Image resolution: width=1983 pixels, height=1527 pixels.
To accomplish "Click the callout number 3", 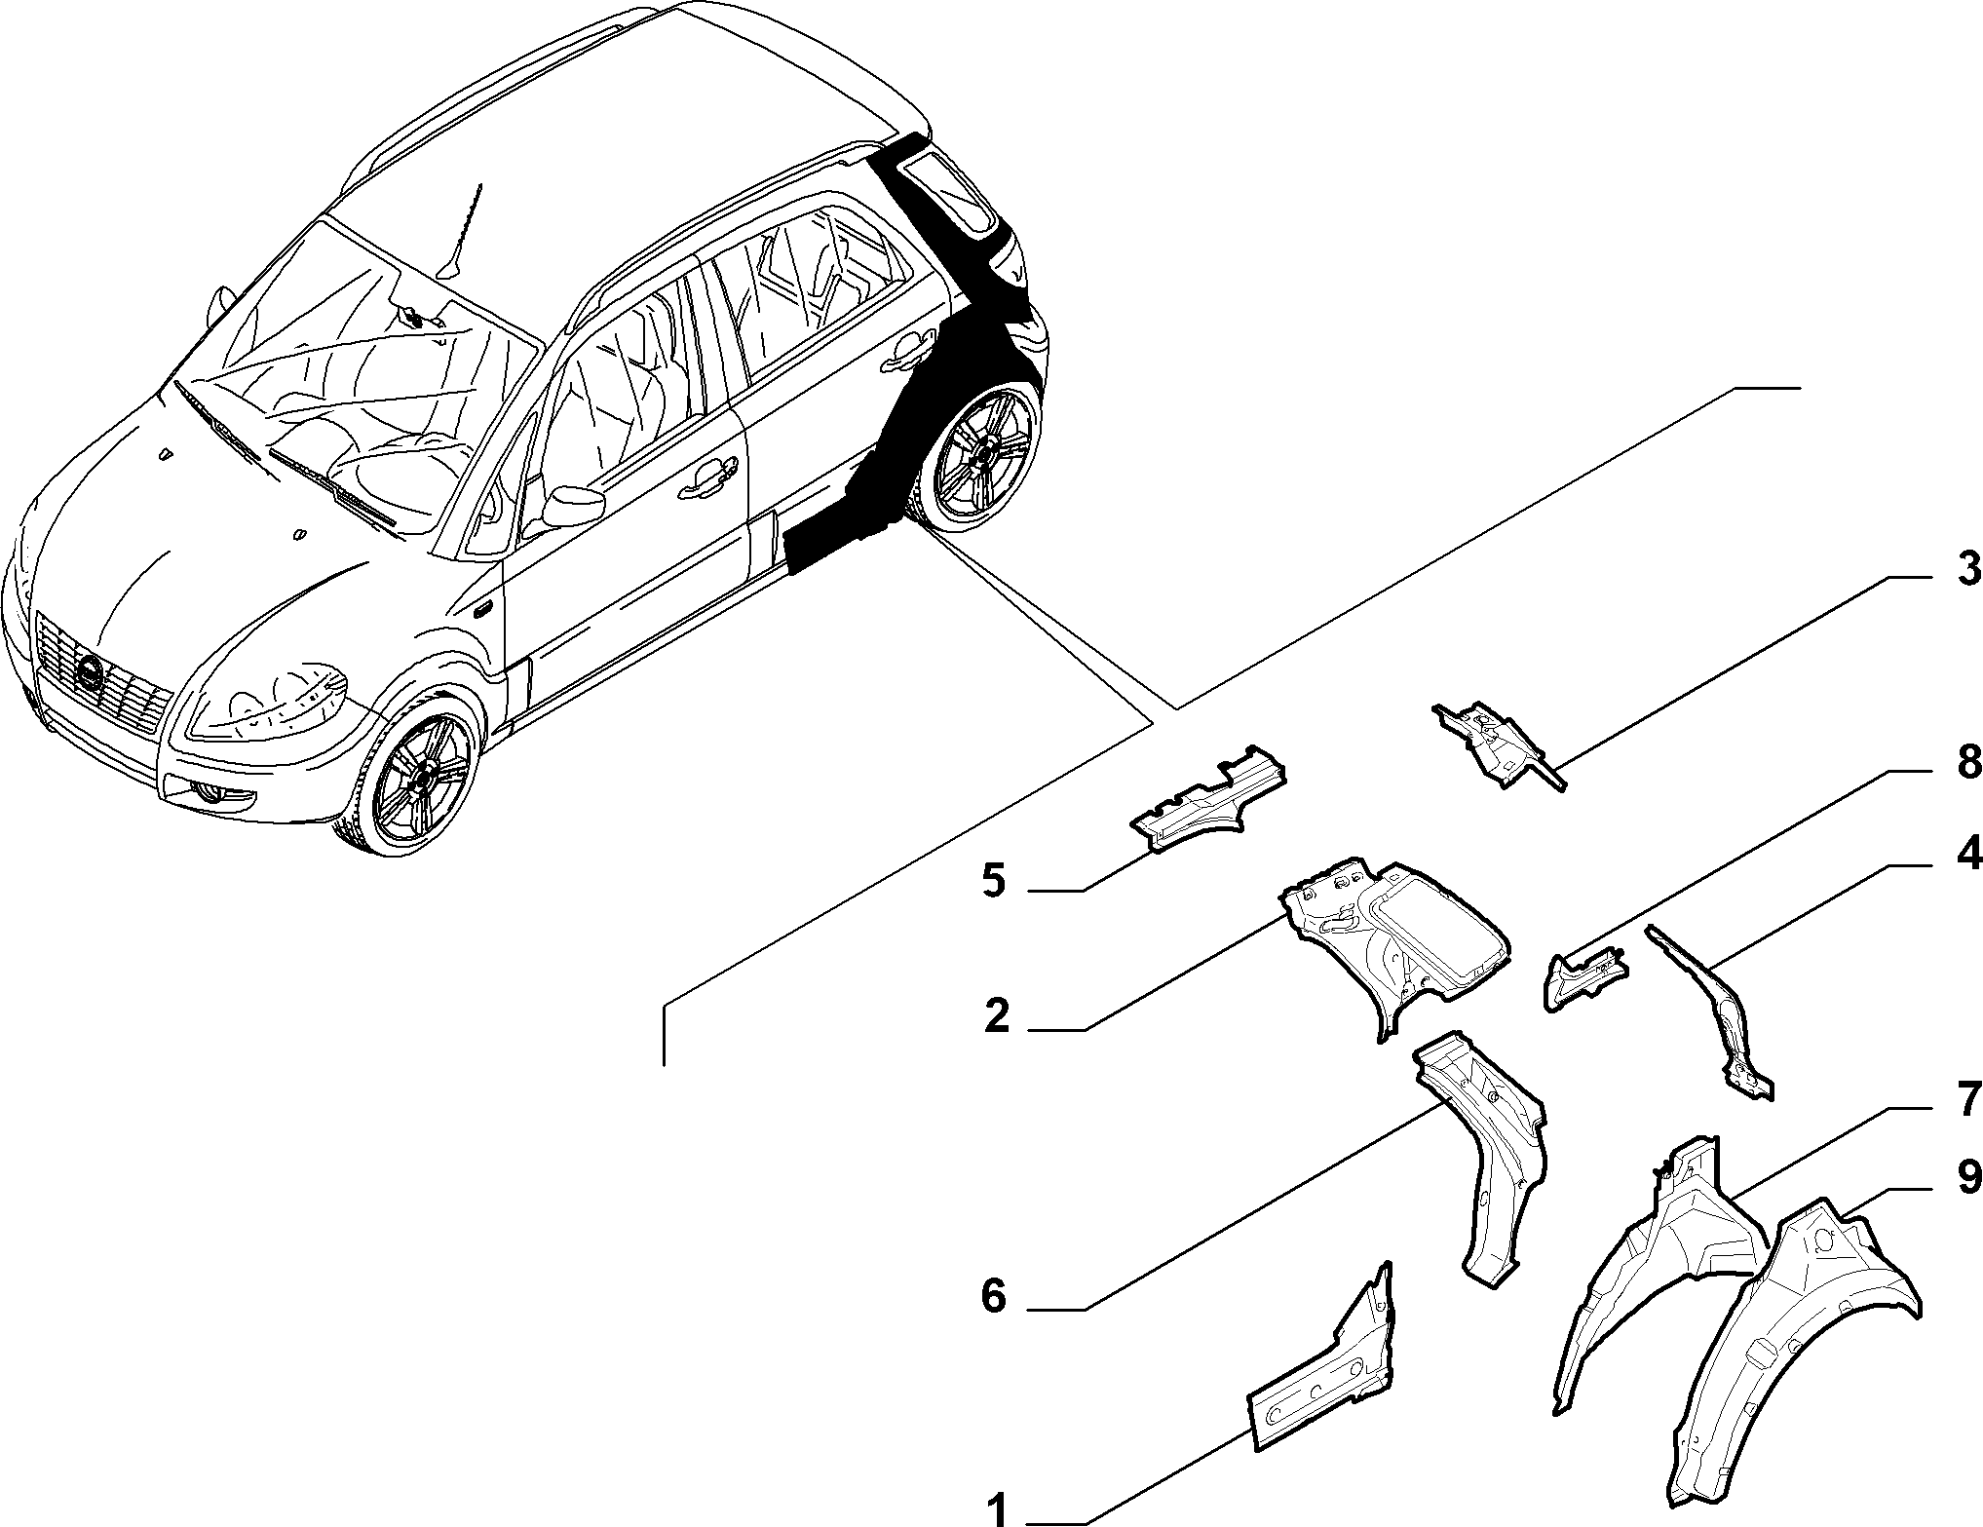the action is tap(1968, 569).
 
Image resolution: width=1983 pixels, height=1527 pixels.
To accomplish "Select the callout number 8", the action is tap(1968, 761).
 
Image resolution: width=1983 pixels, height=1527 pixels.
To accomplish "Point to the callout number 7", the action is tap(1968, 1100).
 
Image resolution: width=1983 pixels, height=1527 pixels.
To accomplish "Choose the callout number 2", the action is tap(996, 1017).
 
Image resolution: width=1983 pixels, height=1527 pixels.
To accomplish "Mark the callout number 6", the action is tap(993, 1297).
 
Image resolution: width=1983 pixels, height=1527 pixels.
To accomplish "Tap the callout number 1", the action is tap(996, 1509).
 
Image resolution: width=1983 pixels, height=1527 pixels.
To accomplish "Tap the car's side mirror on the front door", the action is tap(572, 505).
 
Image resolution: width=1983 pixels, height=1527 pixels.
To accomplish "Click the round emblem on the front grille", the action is tap(91, 671).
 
